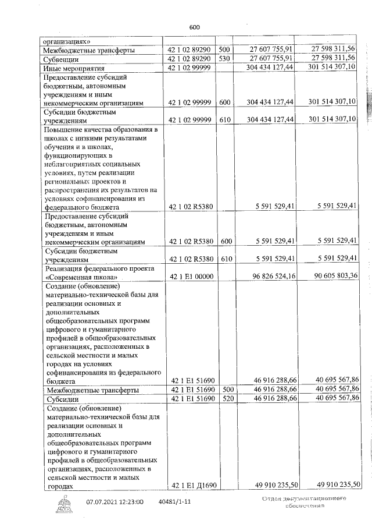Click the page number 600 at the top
click(194, 27)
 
